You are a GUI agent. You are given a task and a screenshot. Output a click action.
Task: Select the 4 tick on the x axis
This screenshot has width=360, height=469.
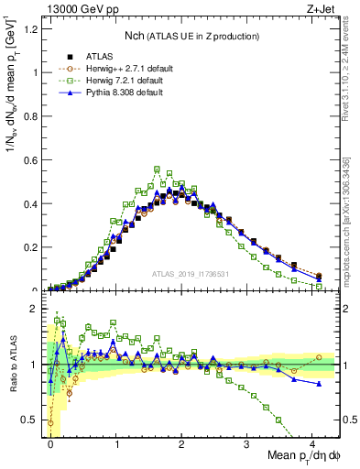312,444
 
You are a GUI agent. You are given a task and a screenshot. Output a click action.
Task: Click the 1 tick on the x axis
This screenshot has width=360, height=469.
116,444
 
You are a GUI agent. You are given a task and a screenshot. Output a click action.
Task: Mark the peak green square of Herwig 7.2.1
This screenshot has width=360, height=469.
158,169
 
